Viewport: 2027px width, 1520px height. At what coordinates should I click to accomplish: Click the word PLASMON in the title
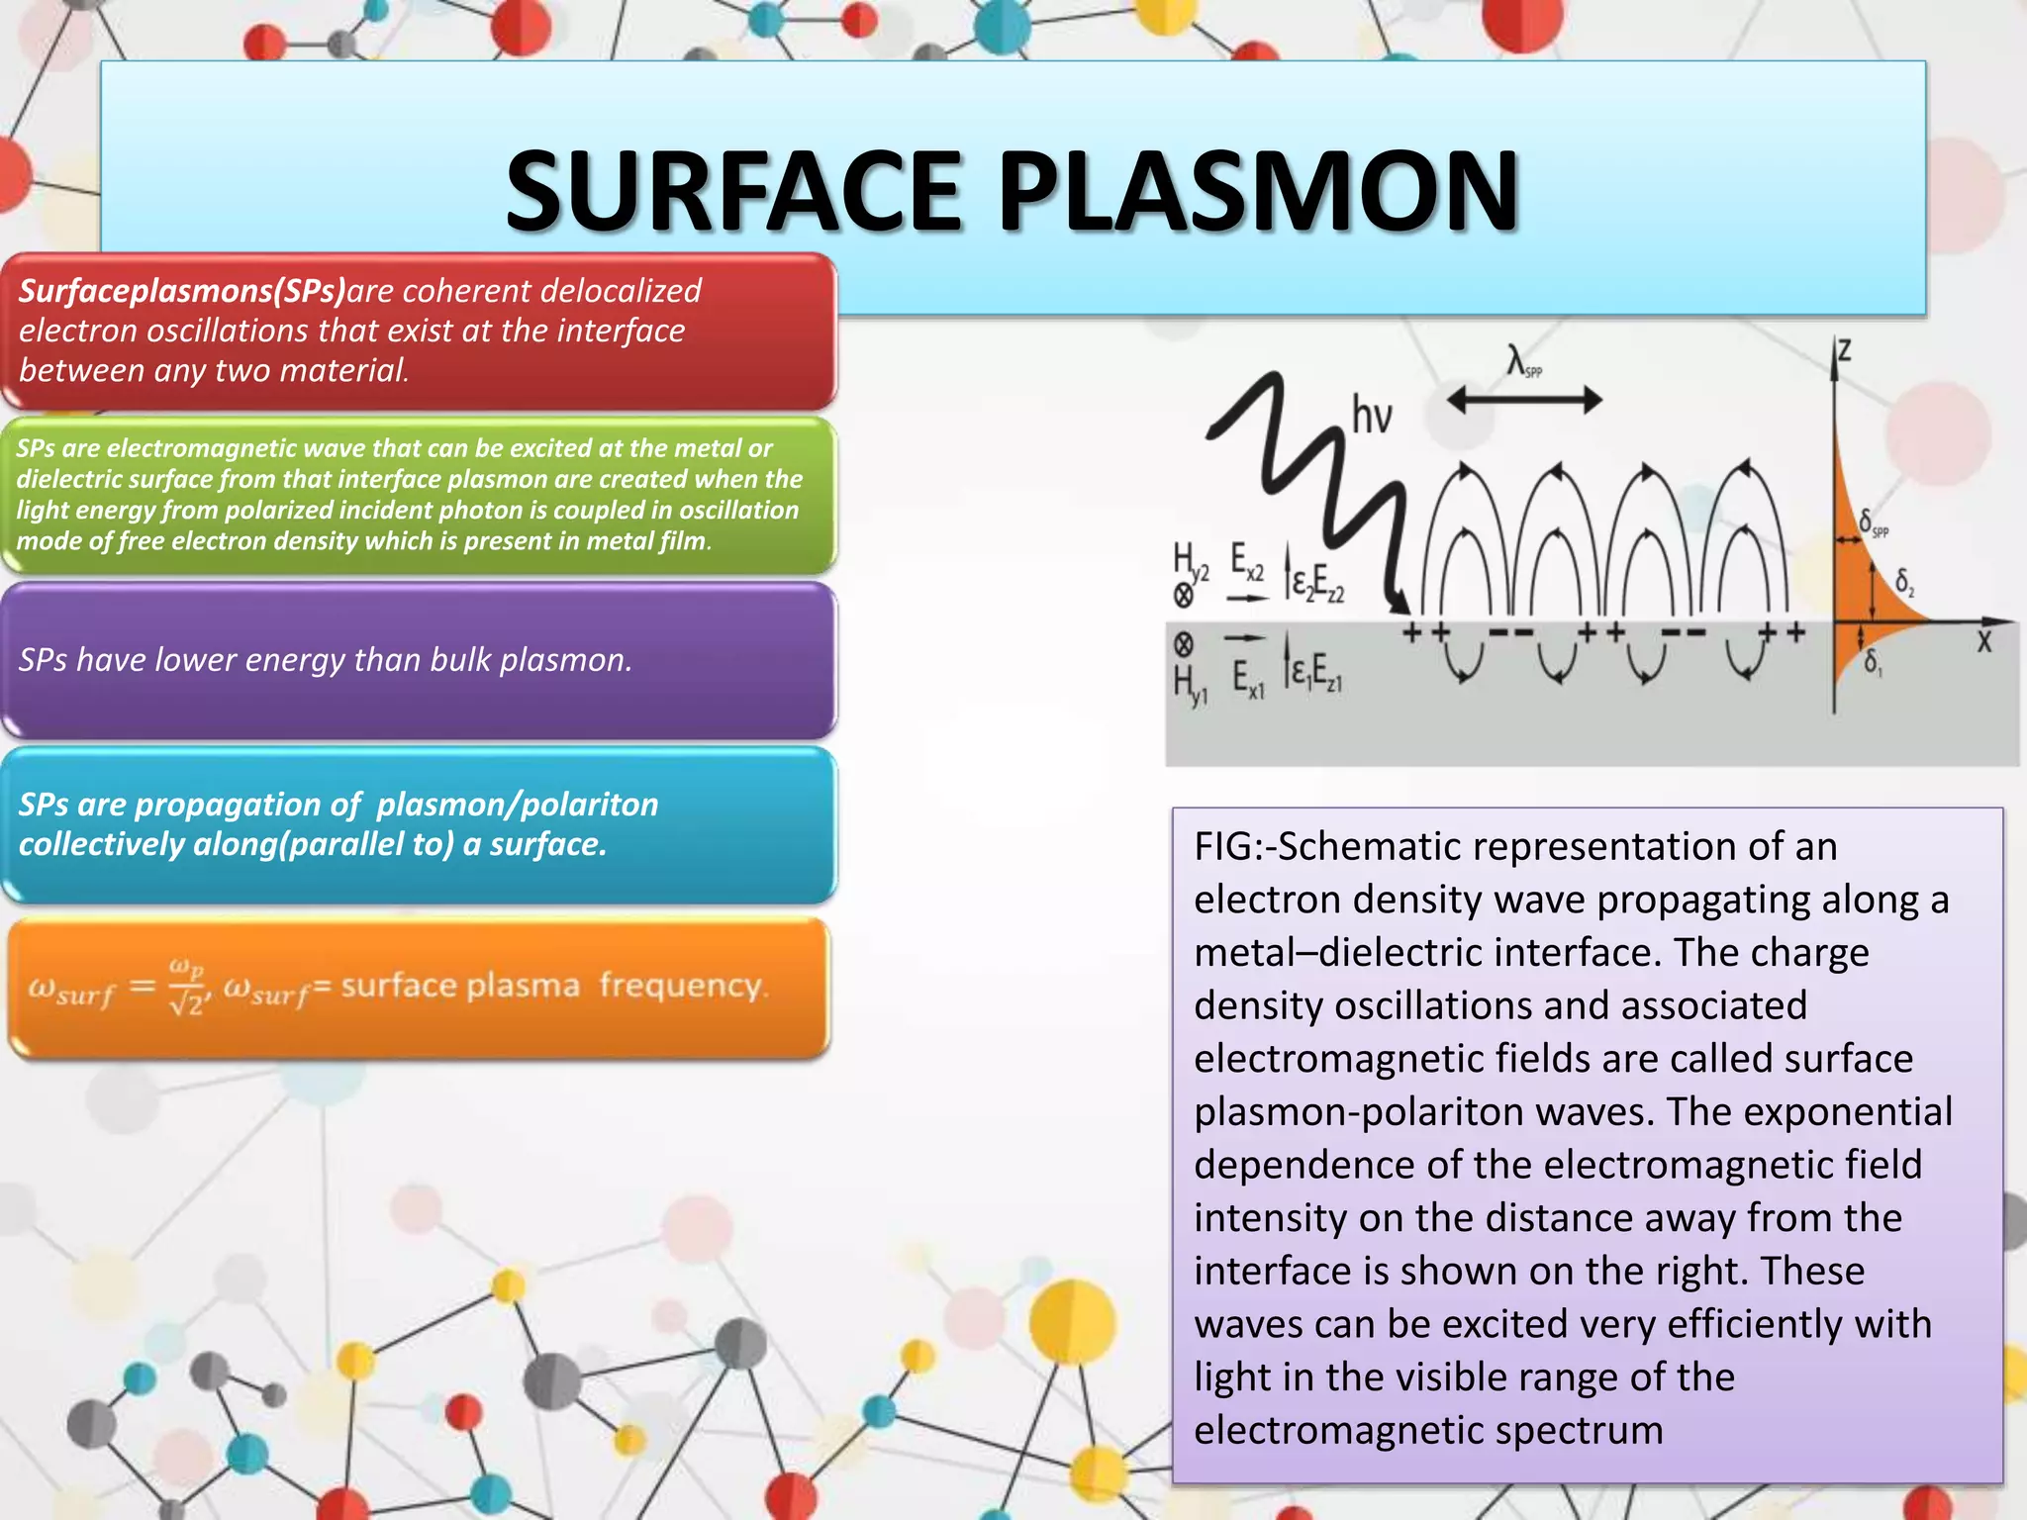pos(1257,190)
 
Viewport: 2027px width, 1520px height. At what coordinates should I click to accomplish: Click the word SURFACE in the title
pos(733,190)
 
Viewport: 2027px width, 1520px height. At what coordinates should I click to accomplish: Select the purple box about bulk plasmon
pos(420,660)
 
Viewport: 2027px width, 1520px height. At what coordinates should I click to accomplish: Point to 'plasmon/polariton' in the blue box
pos(517,805)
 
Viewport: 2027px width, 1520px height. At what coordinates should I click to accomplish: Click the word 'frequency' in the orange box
pos(683,986)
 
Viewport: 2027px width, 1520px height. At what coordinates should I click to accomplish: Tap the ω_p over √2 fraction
pos(186,986)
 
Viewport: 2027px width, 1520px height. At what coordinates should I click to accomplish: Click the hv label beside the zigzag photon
pos(1372,415)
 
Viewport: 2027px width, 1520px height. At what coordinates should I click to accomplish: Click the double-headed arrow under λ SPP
pos(1524,401)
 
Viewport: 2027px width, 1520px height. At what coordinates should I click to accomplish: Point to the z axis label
pos(1844,352)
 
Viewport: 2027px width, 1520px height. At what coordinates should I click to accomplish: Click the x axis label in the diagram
pos(1983,642)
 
